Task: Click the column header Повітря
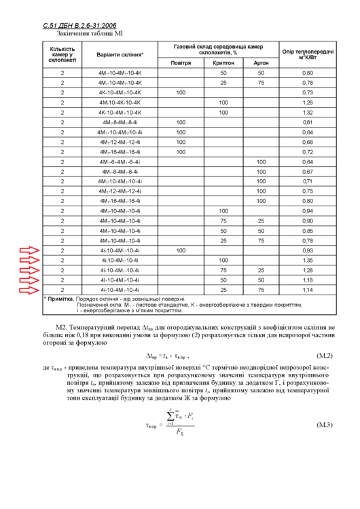pyautogui.click(x=181, y=62)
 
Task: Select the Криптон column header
pyautogui.click(x=223, y=62)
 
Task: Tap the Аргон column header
pyautogui.click(x=261, y=62)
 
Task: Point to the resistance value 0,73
pyautogui.click(x=307, y=92)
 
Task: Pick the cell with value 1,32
pyautogui.click(x=307, y=112)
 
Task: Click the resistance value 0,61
pyautogui.click(x=307, y=122)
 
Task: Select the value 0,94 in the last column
pyautogui.click(x=307, y=211)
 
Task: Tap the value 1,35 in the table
pyautogui.click(x=307, y=261)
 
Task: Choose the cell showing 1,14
pyautogui.click(x=307, y=290)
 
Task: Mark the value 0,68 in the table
pyautogui.click(x=307, y=142)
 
